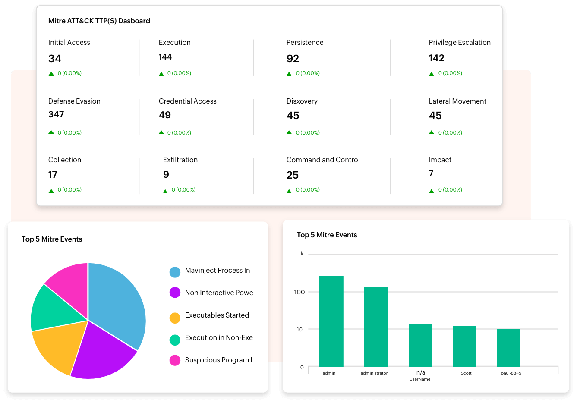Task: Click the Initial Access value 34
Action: point(55,59)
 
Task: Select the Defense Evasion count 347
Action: point(56,114)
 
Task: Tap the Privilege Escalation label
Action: point(460,42)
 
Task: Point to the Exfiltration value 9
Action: point(166,175)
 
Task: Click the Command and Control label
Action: point(323,160)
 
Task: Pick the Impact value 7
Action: point(431,173)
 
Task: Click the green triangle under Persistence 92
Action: point(289,74)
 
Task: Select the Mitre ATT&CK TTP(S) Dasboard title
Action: point(99,21)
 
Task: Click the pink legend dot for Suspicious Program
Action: point(175,360)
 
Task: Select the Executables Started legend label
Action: point(217,315)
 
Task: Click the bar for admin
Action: point(331,321)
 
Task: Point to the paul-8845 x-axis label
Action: point(511,373)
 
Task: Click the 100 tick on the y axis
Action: point(300,292)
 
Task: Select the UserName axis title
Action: point(420,379)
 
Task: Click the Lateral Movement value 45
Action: point(435,116)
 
